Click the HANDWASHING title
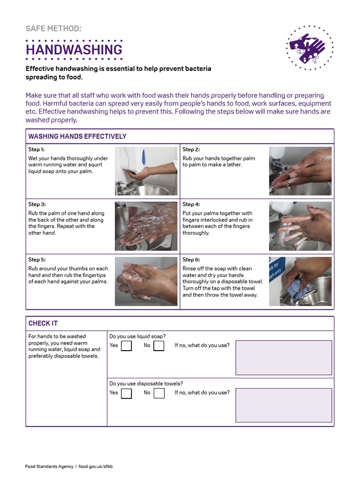[x=74, y=50]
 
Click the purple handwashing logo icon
[x=309, y=47]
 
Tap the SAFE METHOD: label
[x=53, y=29]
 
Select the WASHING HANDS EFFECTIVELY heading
[x=77, y=136]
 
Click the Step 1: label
[x=37, y=150]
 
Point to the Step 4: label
[x=191, y=204]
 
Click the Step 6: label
[x=191, y=260]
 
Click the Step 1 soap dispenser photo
[x=146, y=171]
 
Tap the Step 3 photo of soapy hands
[x=146, y=226]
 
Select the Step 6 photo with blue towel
[x=300, y=281]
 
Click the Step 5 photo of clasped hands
[x=146, y=281]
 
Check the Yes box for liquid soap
[x=126, y=346]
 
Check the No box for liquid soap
[x=159, y=346]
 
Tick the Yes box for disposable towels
[x=126, y=393]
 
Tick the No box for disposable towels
[x=159, y=393]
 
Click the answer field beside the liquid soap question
[x=284, y=358]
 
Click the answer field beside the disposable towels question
[x=284, y=405]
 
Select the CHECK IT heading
[x=43, y=323]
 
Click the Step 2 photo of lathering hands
[x=300, y=171]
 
